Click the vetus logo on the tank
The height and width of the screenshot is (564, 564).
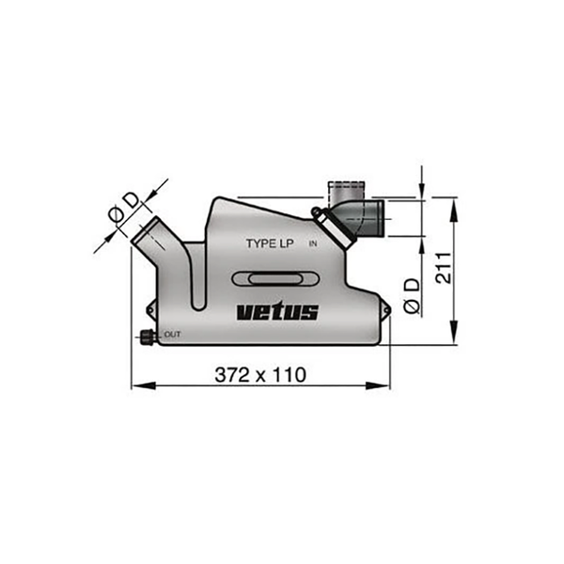[x=277, y=312]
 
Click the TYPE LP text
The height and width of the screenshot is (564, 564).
[x=270, y=243]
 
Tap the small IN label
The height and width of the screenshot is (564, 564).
[x=313, y=243]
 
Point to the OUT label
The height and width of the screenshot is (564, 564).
[x=172, y=335]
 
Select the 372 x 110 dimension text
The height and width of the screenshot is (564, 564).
[x=260, y=375]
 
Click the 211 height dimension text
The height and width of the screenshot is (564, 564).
[x=443, y=268]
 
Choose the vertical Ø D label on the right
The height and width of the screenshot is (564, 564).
[x=412, y=296]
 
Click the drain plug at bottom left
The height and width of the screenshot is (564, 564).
[x=147, y=337]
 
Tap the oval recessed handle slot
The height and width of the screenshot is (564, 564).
[x=275, y=279]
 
